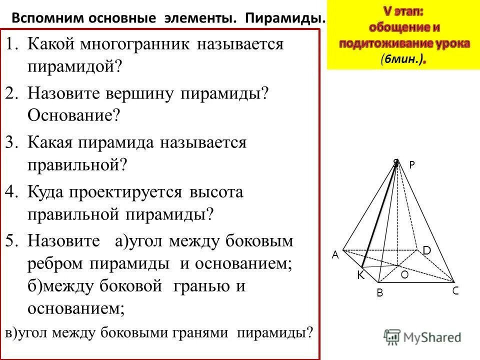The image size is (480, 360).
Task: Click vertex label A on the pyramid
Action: [335, 255]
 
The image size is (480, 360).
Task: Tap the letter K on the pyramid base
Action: [360, 275]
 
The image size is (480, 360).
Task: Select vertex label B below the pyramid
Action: [379, 294]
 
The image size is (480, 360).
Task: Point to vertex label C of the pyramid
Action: [455, 290]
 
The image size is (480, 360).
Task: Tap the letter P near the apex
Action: [412, 164]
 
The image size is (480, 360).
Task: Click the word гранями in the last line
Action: [201, 332]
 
